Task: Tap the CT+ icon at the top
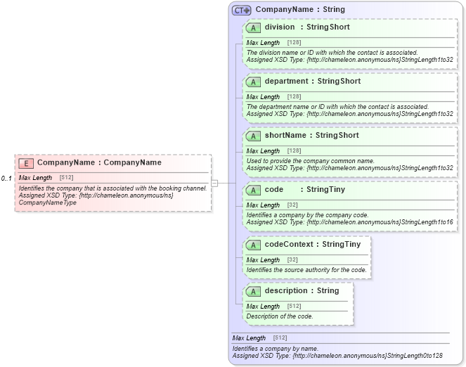[x=242, y=11]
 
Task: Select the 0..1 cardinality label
[x=6, y=179]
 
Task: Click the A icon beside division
[x=253, y=28]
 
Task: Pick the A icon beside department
[x=253, y=82]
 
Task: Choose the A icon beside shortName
[x=253, y=136]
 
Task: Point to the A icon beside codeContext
[x=253, y=245]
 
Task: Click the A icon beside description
[x=253, y=291]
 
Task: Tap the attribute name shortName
[x=285, y=136]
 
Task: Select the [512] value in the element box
[x=67, y=178]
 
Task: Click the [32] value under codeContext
[x=292, y=260]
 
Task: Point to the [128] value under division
[x=294, y=43]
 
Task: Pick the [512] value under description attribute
[x=294, y=307]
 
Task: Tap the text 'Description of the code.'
[x=280, y=316]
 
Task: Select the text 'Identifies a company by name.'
[x=275, y=349]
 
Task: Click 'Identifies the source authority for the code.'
[x=306, y=270]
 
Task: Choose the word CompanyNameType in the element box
[x=48, y=202]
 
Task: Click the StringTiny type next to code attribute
[x=325, y=190]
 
